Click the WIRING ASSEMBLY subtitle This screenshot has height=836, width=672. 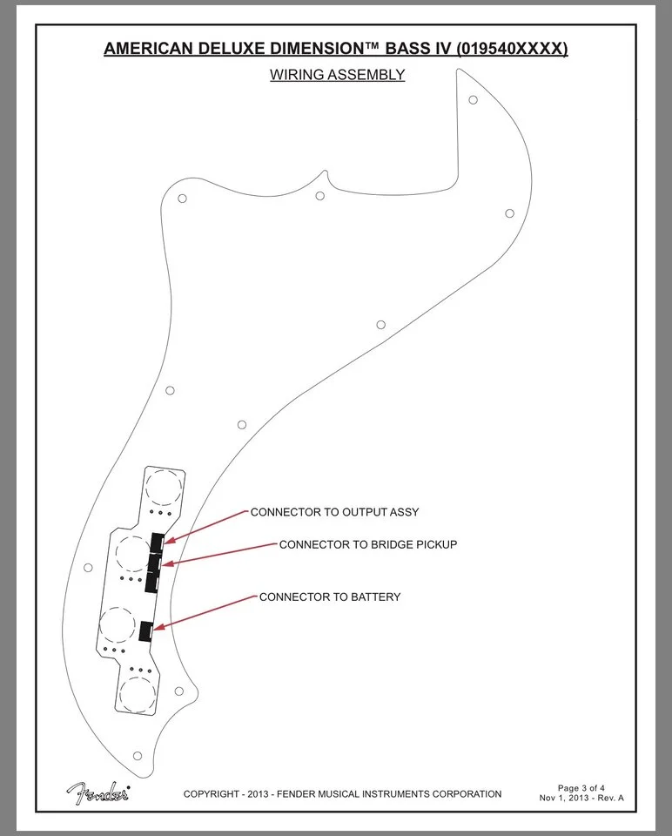338,75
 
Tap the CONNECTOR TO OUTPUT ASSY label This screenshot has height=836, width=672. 334,512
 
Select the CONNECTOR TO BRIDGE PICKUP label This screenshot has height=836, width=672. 368,544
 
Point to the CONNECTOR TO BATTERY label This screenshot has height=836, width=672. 330,597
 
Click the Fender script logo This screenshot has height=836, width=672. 98,793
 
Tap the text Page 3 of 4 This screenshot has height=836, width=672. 581,787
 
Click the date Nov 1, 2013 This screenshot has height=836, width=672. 564,798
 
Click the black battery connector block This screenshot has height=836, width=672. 145,630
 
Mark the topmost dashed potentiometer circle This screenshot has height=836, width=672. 165,488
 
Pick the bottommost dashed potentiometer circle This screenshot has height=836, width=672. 138,694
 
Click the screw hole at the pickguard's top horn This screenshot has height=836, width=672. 473,99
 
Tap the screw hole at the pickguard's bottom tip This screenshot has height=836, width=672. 138,756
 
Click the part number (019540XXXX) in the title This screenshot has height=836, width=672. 512,49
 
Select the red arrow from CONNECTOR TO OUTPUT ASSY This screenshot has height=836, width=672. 205,527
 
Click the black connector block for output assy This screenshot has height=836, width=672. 157,543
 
